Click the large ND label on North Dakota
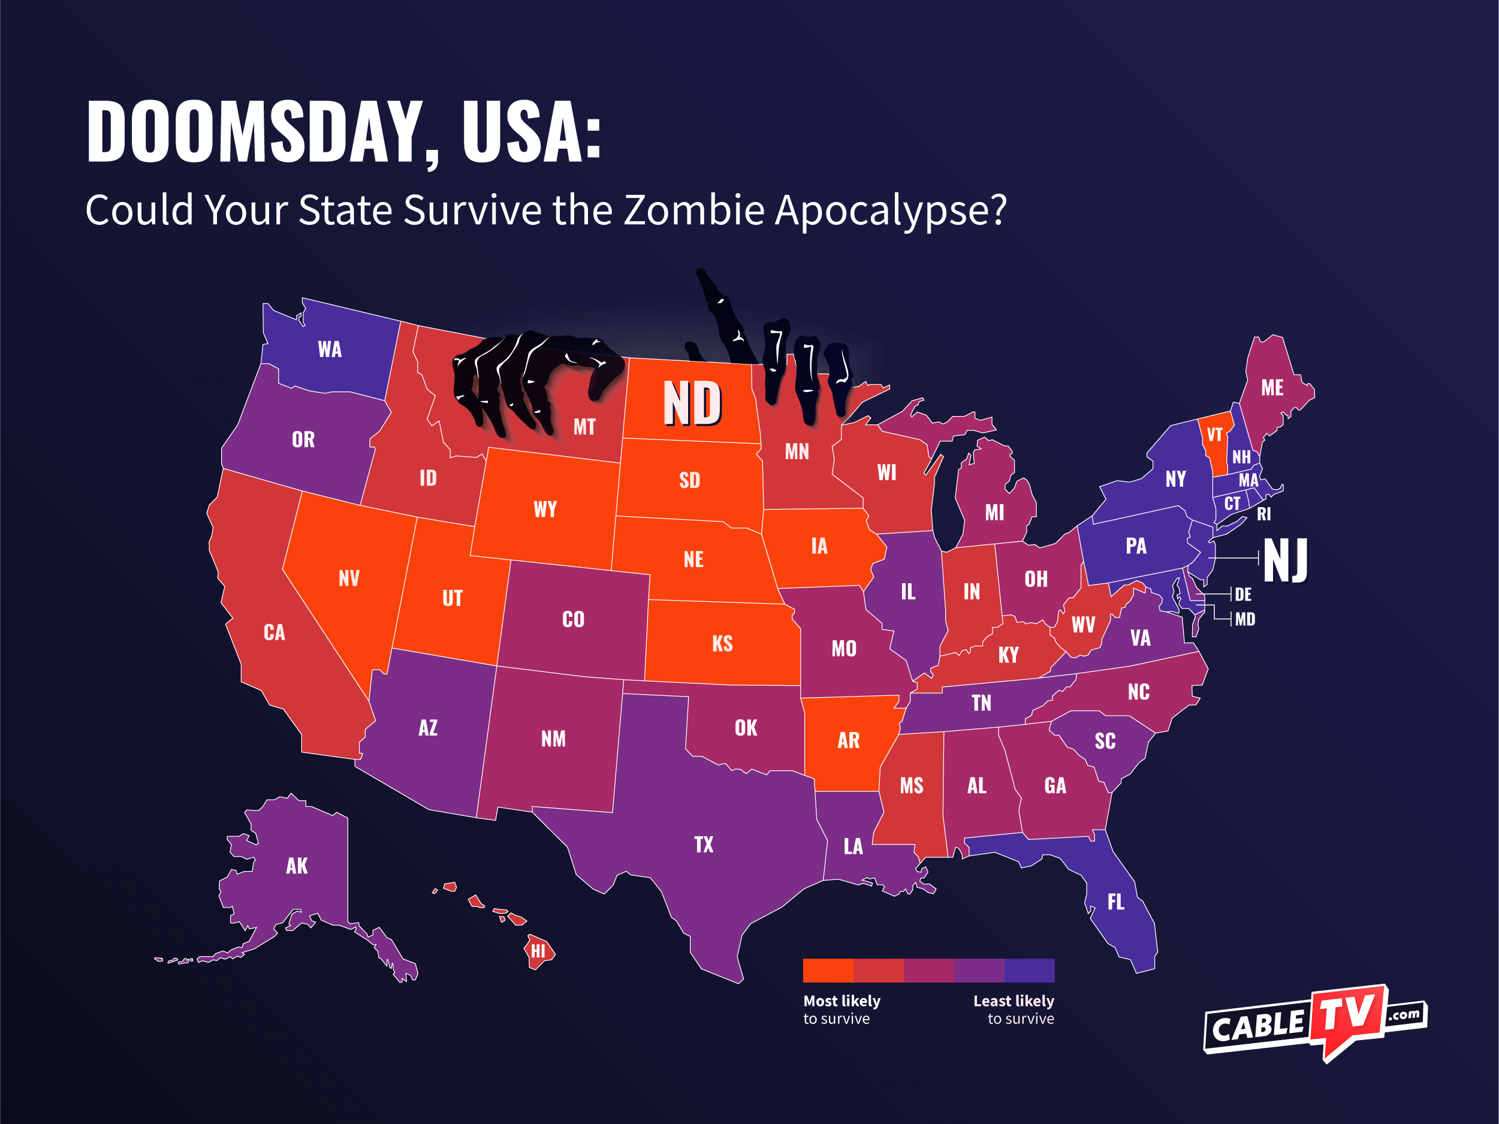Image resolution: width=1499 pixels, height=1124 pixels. pyautogui.click(x=692, y=403)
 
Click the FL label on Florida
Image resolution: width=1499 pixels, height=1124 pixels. pyautogui.click(x=1115, y=902)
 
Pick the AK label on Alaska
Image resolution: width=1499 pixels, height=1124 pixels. pyautogui.click(x=297, y=866)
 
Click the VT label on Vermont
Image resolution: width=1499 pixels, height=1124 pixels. pyautogui.click(x=1214, y=435)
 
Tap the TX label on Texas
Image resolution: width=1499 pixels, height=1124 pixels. pyautogui.click(x=704, y=845)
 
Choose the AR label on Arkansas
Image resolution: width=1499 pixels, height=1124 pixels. pyautogui.click(x=849, y=740)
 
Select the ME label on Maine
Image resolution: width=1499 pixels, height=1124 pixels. pyautogui.click(x=1272, y=388)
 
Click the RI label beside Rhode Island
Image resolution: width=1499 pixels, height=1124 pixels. pyautogui.click(x=1264, y=514)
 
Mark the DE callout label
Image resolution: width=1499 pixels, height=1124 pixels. pyautogui.click(x=1243, y=595)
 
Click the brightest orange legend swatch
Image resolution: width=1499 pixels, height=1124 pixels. pyautogui.click(x=828, y=970)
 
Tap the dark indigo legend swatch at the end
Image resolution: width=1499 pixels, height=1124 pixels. pyautogui.click(x=1029, y=970)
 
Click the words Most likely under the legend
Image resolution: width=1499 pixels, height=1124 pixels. pyautogui.click(x=842, y=1001)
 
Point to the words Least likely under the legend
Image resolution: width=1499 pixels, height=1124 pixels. pyautogui.click(x=1014, y=1001)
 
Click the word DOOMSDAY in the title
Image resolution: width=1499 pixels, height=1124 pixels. pyautogui.click(x=255, y=132)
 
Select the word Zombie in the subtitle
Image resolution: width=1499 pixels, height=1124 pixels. pyautogui.click(x=694, y=210)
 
